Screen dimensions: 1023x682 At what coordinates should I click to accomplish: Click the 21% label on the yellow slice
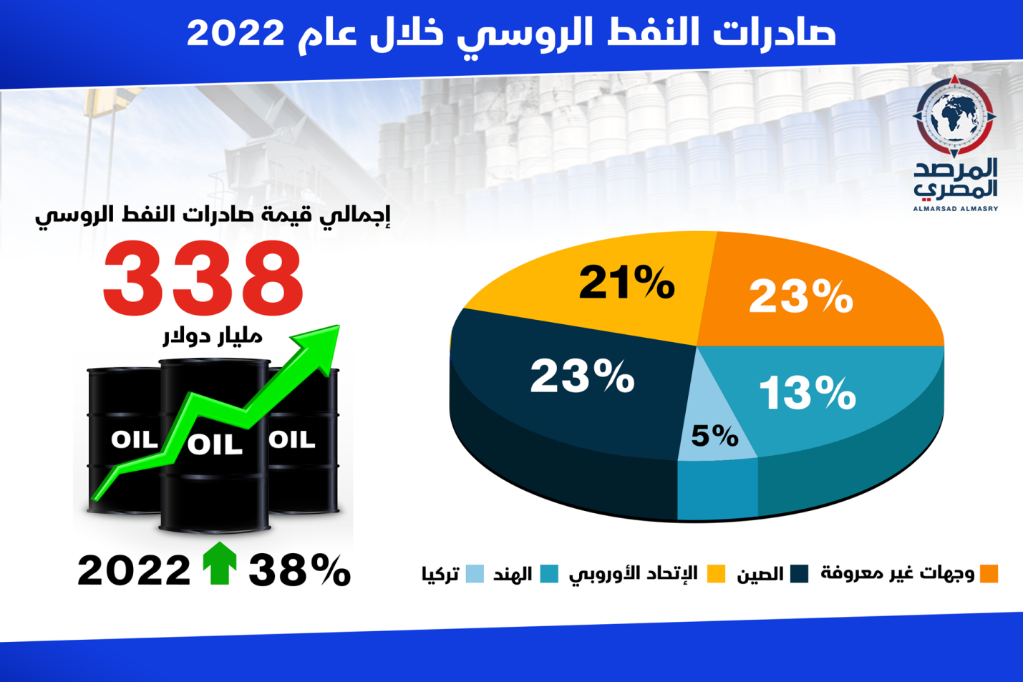(626, 283)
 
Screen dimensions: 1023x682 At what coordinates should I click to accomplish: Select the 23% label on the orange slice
(800, 297)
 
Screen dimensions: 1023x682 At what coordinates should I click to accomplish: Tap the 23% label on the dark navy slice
(582, 376)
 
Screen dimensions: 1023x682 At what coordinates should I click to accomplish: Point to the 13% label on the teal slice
(808, 393)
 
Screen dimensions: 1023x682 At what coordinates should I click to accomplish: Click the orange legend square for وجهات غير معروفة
(989, 574)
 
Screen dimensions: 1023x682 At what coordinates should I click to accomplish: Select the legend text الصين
(760, 574)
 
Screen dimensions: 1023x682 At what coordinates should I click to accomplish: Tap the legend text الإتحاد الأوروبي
(633, 574)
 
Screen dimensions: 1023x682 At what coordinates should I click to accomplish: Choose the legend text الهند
(513, 574)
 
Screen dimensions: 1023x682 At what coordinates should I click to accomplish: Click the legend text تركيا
(440, 574)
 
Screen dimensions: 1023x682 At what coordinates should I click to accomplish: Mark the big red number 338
(203, 279)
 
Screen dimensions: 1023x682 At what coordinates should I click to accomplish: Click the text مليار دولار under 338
(213, 337)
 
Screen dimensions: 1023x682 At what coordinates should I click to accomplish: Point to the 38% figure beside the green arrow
(299, 570)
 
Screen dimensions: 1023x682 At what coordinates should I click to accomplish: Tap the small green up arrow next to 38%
(220, 563)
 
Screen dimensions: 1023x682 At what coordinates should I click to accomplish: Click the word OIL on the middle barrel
(215, 444)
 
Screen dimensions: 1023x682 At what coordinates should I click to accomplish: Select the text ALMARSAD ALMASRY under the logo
(956, 209)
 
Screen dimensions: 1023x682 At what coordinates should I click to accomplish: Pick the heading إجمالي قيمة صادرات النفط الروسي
(213, 215)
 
